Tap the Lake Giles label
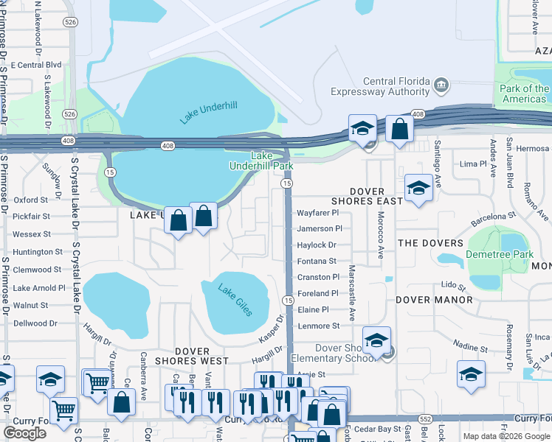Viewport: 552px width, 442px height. [235, 300]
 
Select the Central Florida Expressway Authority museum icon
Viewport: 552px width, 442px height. [441, 85]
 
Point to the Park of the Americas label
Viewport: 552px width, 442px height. [524, 94]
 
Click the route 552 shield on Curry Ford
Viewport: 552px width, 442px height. [425, 418]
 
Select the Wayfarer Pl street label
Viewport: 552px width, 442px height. [320, 212]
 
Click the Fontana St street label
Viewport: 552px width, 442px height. [317, 261]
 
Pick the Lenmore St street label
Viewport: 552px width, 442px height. [318, 326]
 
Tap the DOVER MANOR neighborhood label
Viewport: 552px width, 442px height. [434, 300]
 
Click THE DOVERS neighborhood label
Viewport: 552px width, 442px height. [430, 243]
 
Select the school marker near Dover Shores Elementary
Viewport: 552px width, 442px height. [376, 341]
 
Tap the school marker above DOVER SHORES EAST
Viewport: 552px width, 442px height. [418, 188]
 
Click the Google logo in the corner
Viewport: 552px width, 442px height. [24, 433]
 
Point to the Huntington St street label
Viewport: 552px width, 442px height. [38, 252]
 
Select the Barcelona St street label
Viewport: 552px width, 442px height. [493, 217]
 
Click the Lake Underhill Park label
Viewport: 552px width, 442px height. [272, 161]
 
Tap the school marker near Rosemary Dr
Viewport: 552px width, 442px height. [471, 374]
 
